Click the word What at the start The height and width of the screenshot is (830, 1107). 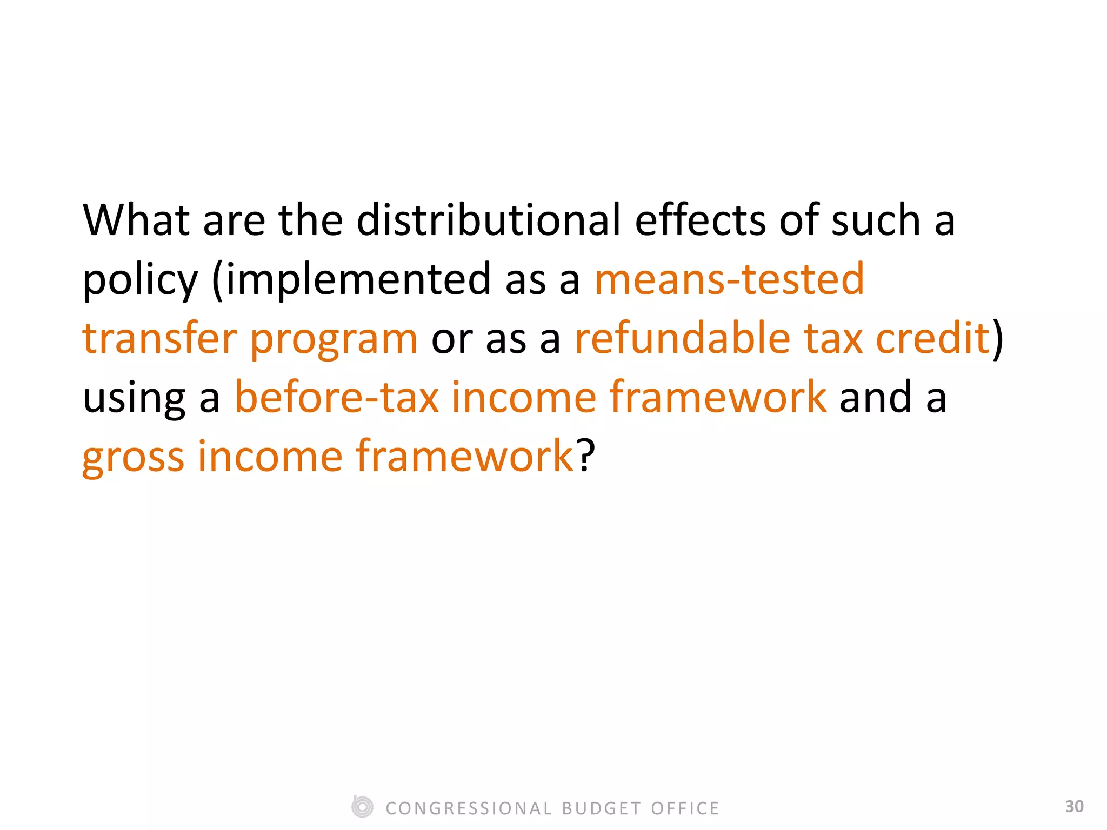click(x=136, y=220)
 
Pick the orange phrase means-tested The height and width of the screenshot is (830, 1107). click(x=729, y=279)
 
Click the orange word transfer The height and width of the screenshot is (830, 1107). click(x=159, y=338)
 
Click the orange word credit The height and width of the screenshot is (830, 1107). click(x=932, y=338)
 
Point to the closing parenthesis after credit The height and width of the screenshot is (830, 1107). click(x=998, y=339)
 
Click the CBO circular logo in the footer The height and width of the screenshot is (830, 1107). click(x=362, y=807)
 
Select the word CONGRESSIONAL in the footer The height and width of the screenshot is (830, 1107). click(x=469, y=808)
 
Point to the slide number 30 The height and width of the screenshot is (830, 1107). click(x=1074, y=806)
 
